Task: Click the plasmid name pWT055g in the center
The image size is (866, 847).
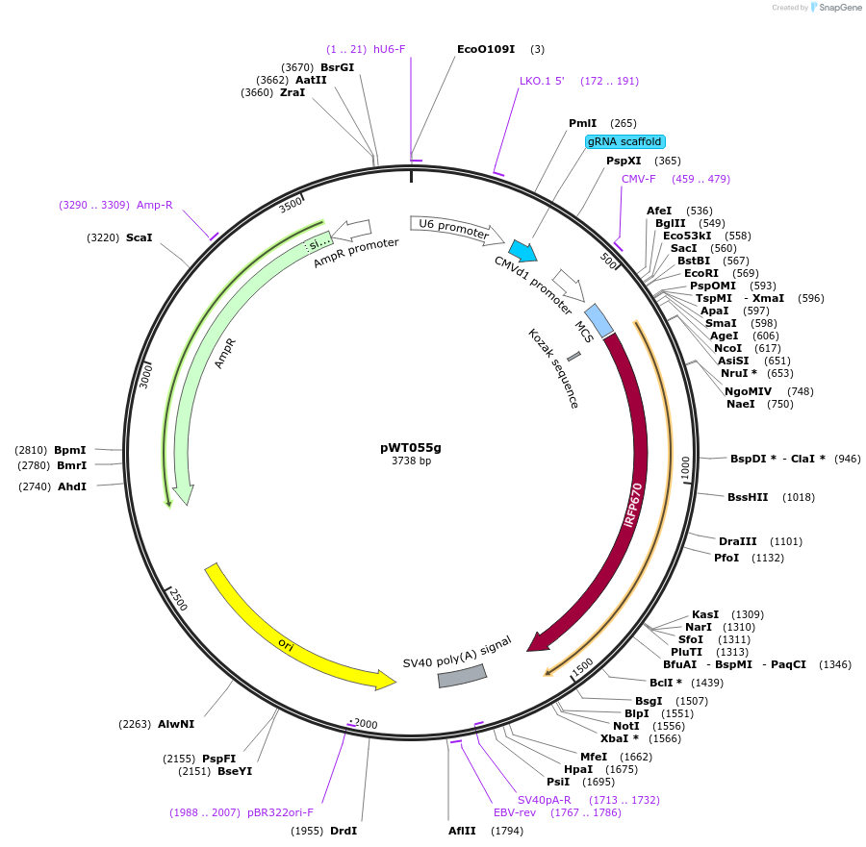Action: (411, 447)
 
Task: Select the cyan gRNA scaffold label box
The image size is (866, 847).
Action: (624, 141)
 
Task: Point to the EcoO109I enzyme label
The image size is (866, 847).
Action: (486, 49)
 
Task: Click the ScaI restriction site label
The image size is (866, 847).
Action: (139, 237)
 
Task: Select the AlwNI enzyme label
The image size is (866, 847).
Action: (176, 724)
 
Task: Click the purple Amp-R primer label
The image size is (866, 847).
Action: (155, 205)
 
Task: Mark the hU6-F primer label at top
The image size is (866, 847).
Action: (390, 49)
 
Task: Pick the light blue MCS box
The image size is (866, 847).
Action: (599, 321)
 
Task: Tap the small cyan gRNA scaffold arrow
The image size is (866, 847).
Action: (523, 252)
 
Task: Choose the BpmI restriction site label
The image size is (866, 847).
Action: (70, 450)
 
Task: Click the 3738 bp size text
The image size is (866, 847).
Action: (411, 461)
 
